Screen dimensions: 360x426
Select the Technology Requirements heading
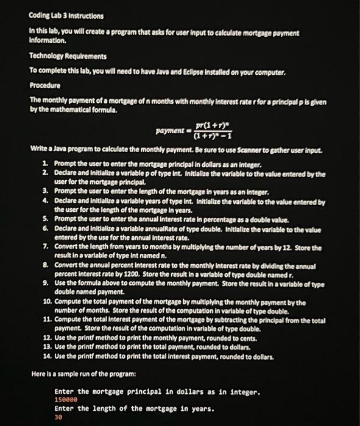pos(68,56)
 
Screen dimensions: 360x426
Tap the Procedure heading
pos(45,85)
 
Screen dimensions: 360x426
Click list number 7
pos(46,248)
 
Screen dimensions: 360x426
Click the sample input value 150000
pos(66,400)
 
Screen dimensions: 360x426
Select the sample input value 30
pos(58,419)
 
